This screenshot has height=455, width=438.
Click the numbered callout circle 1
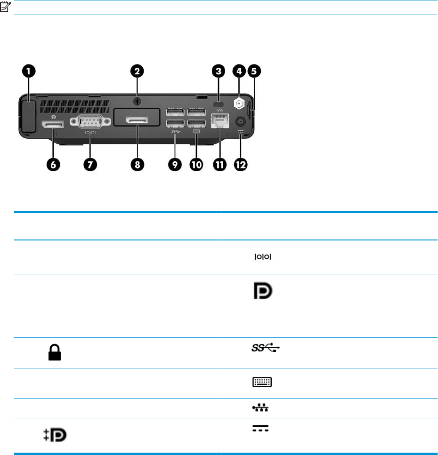tap(29, 72)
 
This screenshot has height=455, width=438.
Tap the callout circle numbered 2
tap(137, 72)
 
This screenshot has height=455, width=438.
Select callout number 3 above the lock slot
tap(218, 72)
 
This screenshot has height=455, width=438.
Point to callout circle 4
tap(239, 72)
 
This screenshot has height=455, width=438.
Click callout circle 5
tap(254, 72)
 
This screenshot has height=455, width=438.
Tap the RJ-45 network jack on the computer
tap(219, 122)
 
